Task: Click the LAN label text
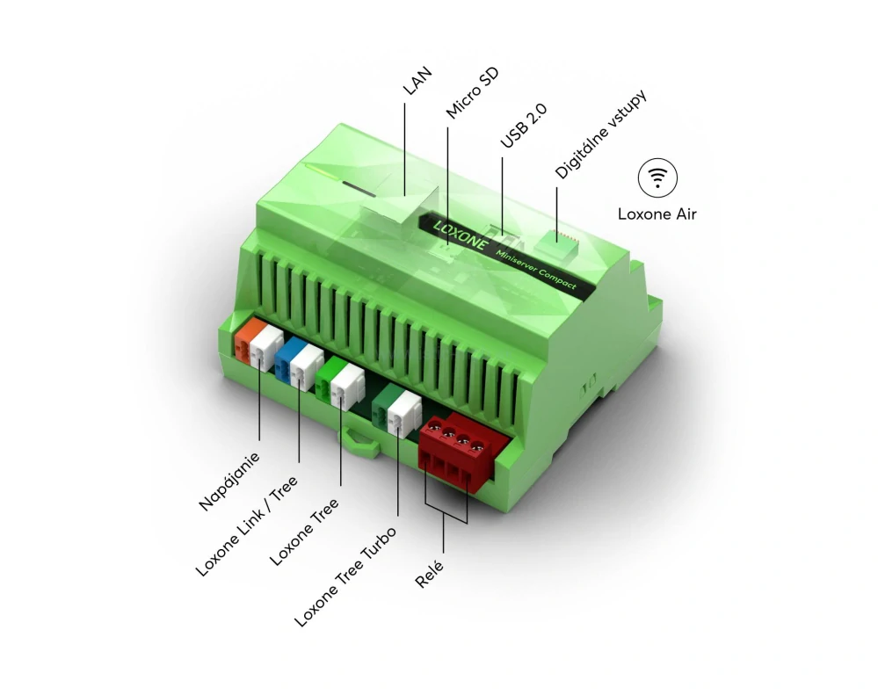pos(411,83)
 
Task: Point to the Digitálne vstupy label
pos(590,134)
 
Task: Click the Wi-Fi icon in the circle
pos(657,177)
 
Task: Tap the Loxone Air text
pos(657,214)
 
